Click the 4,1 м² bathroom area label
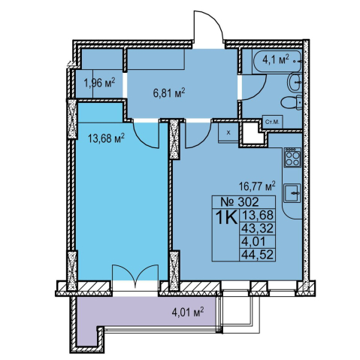pos(276,60)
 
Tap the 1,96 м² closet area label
pos(100,83)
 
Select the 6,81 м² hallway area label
pos(169,93)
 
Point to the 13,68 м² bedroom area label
pos(106,138)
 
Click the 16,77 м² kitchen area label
pos(257,186)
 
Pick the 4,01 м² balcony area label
pos(188,312)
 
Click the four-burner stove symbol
pos(292,157)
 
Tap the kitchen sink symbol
pos(292,192)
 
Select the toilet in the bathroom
pos(292,102)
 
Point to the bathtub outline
pos(277,62)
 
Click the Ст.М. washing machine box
pos(273,123)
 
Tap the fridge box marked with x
pos(228,132)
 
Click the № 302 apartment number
pos(240,201)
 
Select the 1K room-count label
pos(226,218)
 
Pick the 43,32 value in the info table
pos(257,228)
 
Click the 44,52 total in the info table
pos(257,255)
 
